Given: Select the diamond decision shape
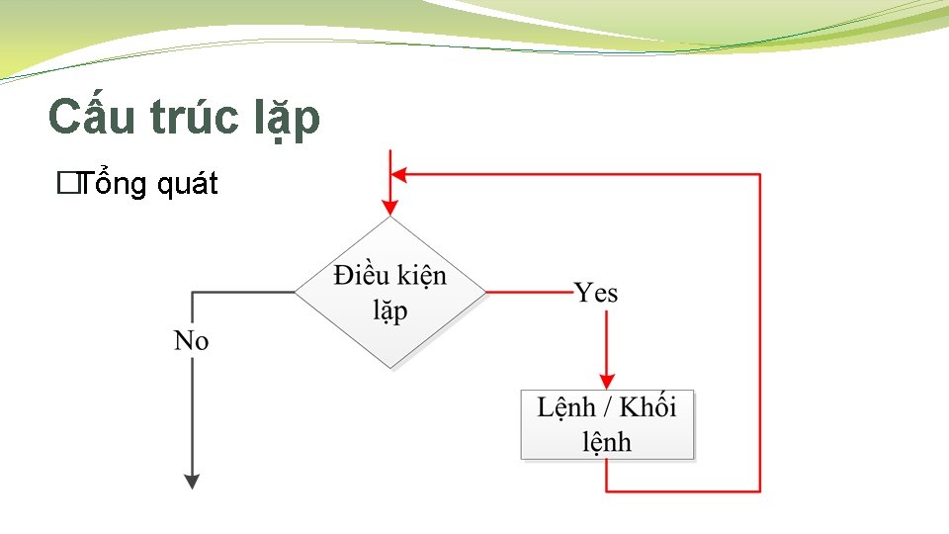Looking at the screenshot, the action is coord(390,293).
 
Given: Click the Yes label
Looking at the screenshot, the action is coord(596,293).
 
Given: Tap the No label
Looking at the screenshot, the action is coord(192,342).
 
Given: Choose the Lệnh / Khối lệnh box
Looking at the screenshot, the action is coord(607,424).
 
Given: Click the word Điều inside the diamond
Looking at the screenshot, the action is coord(361,275).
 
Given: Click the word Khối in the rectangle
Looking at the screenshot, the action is coord(648,407).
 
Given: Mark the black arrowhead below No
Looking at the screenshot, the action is coord(192,481).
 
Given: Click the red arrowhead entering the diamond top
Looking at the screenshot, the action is coord(390,207).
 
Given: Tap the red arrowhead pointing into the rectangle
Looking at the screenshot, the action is coord(607,381).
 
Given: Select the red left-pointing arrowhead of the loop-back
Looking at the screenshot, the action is coord(399,174).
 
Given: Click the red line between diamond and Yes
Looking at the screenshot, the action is coord(530,293).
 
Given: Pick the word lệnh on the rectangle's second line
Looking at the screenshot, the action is coord(607,442).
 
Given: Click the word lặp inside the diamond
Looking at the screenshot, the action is coord(389,311).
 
